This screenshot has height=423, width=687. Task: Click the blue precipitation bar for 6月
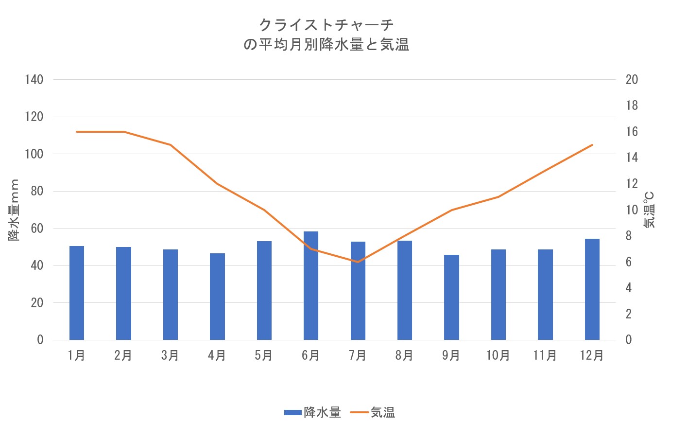[311, 286]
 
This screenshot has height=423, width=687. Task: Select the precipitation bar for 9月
[451, 297]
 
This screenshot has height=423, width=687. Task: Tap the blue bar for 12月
[592, 289]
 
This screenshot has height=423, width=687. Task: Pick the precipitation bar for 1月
[77, 293]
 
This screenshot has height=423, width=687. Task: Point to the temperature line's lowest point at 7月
[358, 262]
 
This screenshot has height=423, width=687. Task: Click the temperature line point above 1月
[77, 132]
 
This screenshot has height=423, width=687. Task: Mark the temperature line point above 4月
[217, 184]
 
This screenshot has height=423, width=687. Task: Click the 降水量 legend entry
[313, 413]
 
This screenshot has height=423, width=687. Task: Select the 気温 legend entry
[373, 413]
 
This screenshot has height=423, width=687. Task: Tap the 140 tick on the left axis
[34, 80]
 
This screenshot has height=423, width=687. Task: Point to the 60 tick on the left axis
[37, 229]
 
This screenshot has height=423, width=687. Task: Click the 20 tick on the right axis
[632, 80]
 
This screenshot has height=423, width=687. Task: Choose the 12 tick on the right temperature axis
[632, 184]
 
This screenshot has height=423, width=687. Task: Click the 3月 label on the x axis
[170, 355]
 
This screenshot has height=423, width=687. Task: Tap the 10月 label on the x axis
[498, 355]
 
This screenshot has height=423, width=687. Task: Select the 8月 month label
[404, 355]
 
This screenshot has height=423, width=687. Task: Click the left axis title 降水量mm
[14, 210]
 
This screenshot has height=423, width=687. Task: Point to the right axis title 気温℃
[649, 210]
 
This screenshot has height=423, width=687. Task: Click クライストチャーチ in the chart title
[326, 24]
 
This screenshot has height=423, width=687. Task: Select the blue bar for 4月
[217, 297]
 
